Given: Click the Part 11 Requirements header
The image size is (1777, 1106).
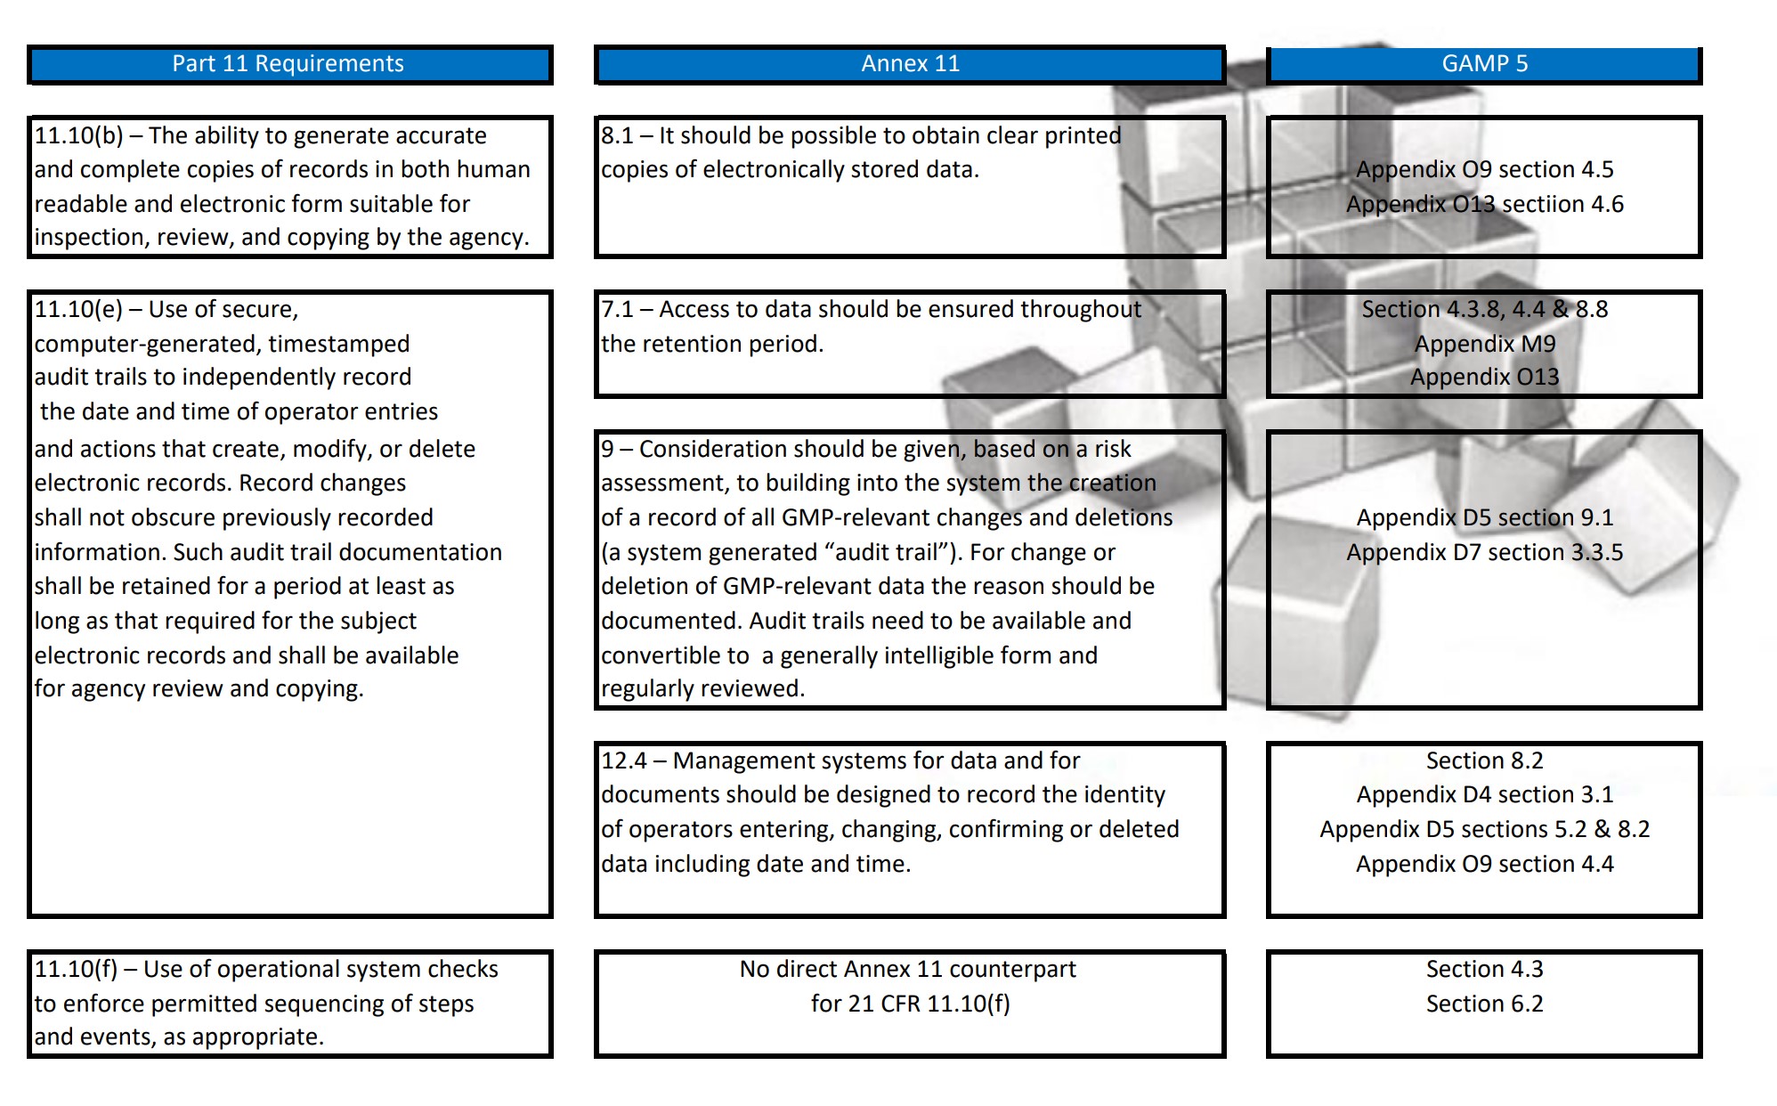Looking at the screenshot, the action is coord(288,64).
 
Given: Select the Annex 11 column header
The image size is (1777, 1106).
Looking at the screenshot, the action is coord(910,64).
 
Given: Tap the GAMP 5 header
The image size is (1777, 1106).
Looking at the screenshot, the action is coord(1484,64).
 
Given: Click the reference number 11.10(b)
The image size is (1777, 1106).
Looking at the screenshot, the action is coord(78,136).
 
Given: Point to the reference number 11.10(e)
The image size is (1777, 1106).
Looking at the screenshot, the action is coord(78,310).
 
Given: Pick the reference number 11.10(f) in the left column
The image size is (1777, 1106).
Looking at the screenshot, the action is coord(76,970).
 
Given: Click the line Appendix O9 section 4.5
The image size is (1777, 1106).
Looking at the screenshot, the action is coord(1484,169).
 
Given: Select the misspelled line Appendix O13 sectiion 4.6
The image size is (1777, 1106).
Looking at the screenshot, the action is coord(1484,205).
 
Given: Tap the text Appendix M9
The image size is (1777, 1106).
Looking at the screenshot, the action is coord(1484,344).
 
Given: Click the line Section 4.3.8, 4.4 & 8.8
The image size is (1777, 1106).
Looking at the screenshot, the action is coord(1484,309).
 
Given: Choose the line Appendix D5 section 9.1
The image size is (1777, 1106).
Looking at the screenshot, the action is coord(1484,517).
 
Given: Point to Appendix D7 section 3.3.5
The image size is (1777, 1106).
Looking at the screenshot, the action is coord(1484,552).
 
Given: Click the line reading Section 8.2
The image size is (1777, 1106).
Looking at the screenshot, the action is coord(1484,760).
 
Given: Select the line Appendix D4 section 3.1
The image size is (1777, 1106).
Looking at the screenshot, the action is coord(1484,794).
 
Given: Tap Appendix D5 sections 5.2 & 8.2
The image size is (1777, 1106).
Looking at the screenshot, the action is coord(1484,829).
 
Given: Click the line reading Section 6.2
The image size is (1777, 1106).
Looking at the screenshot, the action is coord(1484,1004).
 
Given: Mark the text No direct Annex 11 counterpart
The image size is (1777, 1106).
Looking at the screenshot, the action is coord(907,969).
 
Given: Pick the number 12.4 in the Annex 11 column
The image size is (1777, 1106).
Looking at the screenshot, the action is coord(623,760).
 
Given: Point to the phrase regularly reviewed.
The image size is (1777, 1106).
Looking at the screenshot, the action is coord(702,689).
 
